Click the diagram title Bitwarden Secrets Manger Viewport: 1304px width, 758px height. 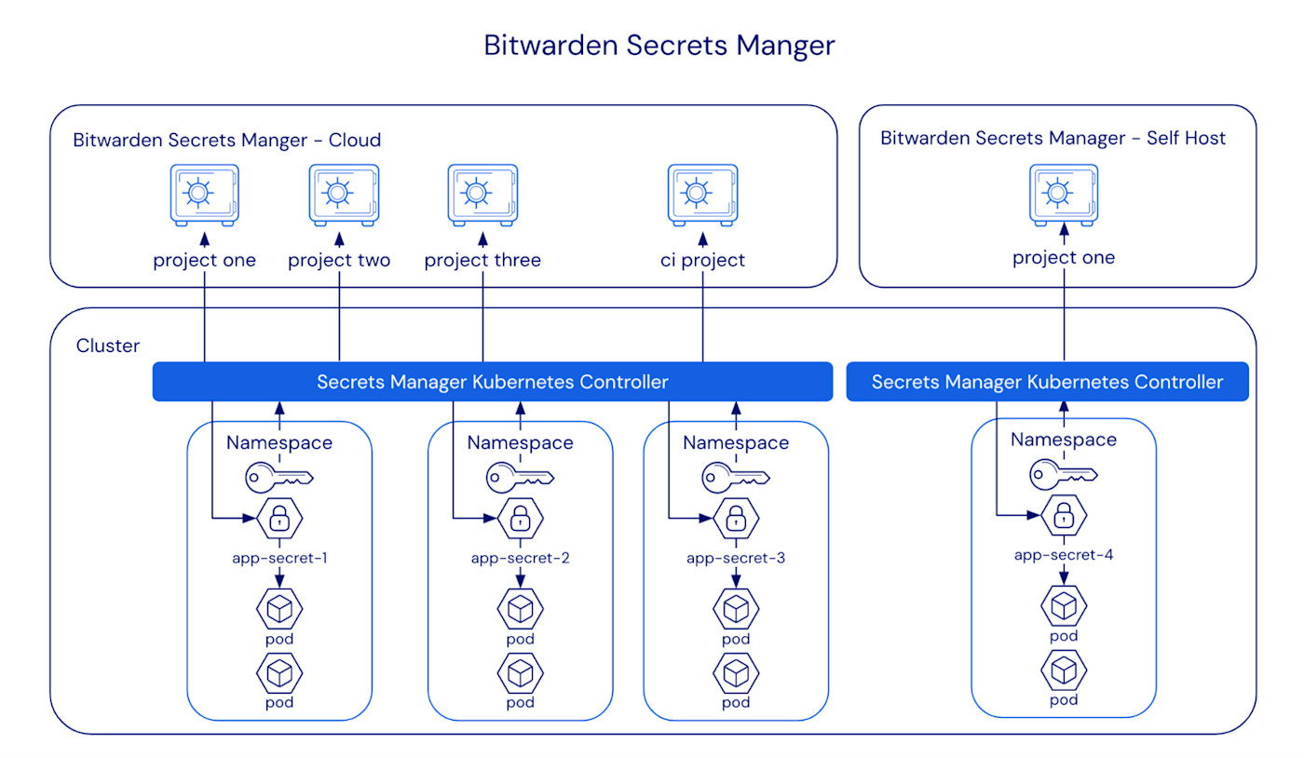pos(659,46)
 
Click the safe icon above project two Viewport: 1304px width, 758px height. pos(343,195)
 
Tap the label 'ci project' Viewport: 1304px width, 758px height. pos(702,260)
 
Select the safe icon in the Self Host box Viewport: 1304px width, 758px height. pos(1063,195)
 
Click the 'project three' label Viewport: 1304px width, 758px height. pos(482,260)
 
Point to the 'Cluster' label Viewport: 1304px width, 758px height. pos(108,345)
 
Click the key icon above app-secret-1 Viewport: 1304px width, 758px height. pos(279,479)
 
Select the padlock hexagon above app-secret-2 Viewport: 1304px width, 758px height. pos(520,519)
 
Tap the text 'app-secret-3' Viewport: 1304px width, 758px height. pos(736,559)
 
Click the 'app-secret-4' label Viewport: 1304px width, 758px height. pos(1064,555)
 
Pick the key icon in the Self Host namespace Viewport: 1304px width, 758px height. pos(1064,475)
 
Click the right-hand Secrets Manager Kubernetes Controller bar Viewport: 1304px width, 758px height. pos(1047,382)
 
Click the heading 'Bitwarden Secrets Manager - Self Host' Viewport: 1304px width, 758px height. pos(1053,139)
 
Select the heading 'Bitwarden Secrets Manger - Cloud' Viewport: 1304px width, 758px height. pos(227,141)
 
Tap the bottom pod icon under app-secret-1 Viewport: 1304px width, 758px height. pos(279,672)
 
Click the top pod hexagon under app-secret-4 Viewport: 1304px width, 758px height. pos(1064,606)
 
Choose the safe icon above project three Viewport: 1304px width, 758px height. pos(482,195)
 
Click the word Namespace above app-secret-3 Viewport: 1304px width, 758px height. pos(736,442)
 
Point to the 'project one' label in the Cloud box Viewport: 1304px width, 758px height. pos(204,260)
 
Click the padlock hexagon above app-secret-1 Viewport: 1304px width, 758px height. pos(279,519)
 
